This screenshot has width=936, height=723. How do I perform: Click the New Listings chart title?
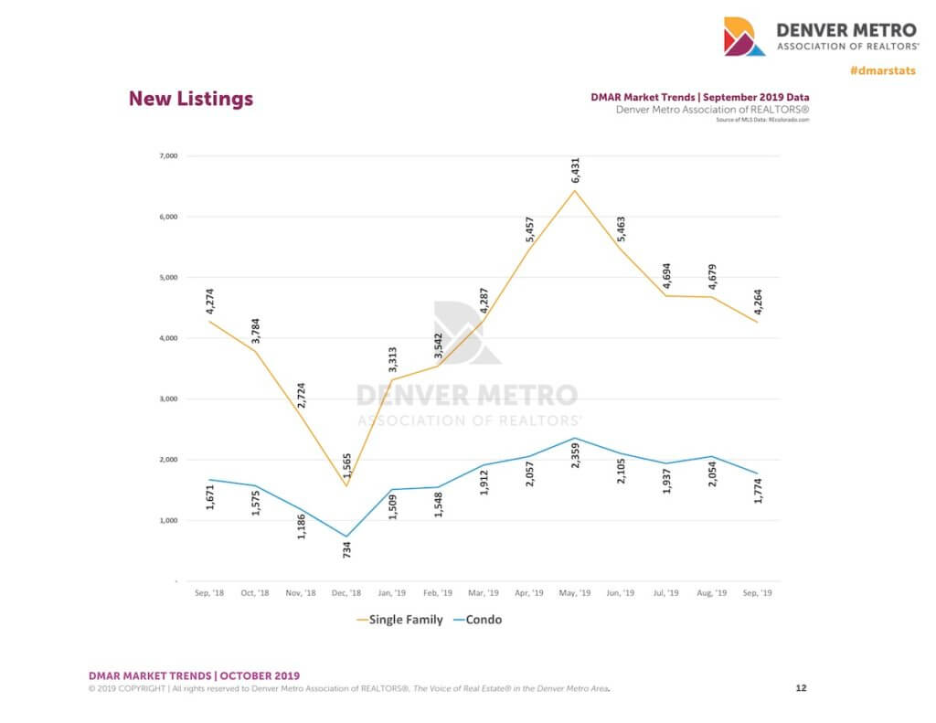[x=190, y=99]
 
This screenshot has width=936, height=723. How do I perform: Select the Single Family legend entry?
[x=399, y=620]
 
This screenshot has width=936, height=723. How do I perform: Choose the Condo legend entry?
[x=478, y=620]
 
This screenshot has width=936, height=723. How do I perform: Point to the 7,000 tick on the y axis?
[x=167, y=156]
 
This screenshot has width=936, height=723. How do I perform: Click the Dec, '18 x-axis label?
[x=346, y=593]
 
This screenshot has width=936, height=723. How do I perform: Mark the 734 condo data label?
[x=347, y=549]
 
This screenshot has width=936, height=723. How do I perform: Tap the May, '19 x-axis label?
[x=574, y=593]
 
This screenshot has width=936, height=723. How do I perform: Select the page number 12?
[x=801, y=687]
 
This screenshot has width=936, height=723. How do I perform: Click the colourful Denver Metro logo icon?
[x=744, y=36]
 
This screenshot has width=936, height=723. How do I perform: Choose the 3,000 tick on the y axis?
[x=167, y=399]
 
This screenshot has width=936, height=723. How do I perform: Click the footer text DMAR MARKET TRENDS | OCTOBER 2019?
[x=193, y=675]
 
